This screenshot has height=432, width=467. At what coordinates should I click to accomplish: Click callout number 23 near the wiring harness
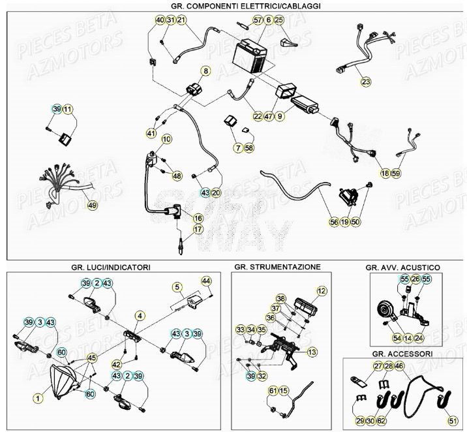[365, 82]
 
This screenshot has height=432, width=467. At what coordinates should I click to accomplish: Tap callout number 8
[205, 71]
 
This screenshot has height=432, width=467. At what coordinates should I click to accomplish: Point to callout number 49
[92, 206]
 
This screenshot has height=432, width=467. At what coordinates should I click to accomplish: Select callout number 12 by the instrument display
[321, 291]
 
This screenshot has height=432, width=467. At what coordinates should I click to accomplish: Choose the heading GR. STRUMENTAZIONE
[277, 268]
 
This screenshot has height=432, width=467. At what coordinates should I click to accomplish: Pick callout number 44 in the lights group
[207, 281]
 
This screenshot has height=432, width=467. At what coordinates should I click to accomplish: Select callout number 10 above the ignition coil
[166, 139]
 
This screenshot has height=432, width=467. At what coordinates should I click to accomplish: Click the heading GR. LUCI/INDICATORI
[112, 268]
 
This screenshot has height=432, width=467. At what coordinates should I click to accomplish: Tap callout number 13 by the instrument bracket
[312, 352]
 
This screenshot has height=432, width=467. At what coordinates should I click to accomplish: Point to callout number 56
[333, 223]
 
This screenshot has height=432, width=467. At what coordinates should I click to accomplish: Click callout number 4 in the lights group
[139, 316]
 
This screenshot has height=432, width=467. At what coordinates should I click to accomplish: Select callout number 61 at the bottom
[273, 391]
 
